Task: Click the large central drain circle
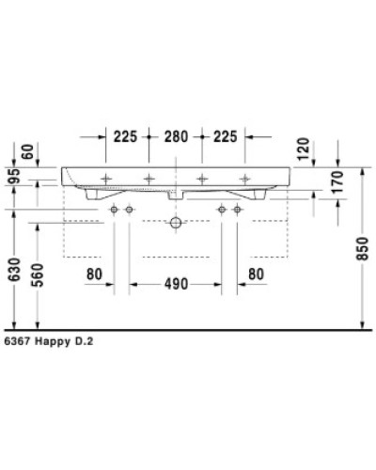(x=175, y=224)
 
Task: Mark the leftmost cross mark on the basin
(x=106, y=179)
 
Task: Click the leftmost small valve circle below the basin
(x=114, y=208)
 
